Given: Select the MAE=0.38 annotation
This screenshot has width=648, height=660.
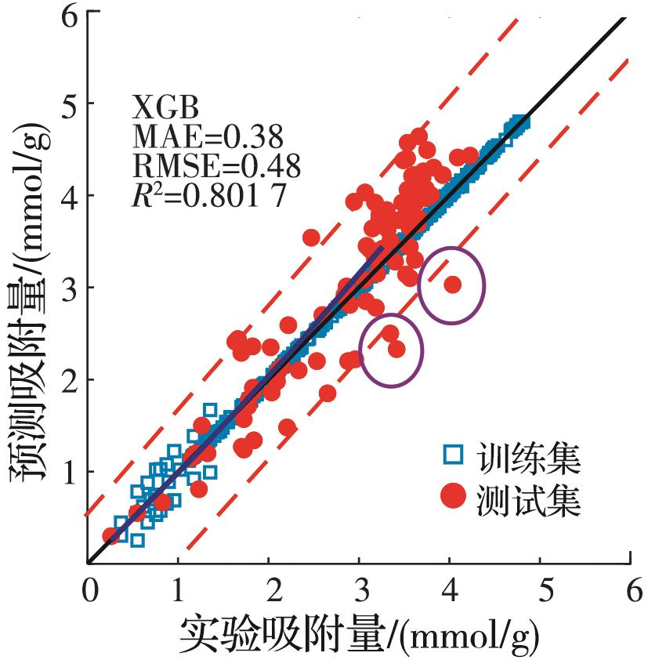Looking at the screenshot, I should tap(197, 137).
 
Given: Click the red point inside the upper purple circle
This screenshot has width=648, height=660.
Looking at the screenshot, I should tap(452, 285).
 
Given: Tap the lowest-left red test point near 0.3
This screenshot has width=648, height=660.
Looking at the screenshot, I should tap(113, 535).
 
